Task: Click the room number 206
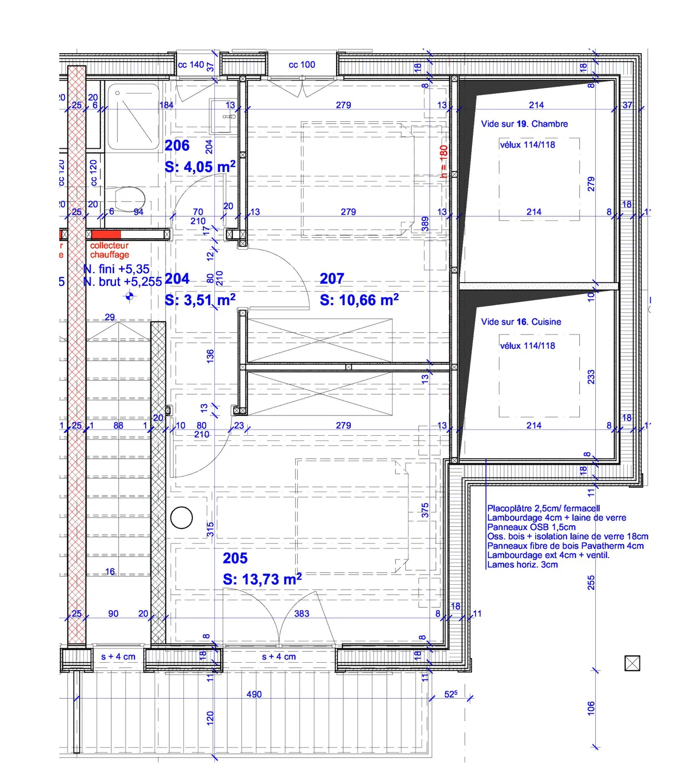(177, 146)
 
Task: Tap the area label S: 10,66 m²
(359, 300)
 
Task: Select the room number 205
(235, 558)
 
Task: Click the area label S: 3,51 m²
(200, 300)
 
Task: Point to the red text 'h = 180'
(443, 161)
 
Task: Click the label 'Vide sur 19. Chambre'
(524, 124)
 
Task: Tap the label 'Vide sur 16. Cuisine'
(521, 322)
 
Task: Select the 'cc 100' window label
(302, 65)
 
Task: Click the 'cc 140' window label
(191, 65)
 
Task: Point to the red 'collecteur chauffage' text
(110, 250)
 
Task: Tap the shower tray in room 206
(134, 117)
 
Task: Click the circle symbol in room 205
(181, 518)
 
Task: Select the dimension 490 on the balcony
(254, 694)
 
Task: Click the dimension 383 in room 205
(302, 613)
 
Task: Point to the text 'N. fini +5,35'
(117, 269)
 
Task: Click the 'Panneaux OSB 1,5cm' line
(531, 527)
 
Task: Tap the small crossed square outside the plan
(632, 663)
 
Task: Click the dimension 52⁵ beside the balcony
(450, 694)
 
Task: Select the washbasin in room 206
(224, 116)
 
